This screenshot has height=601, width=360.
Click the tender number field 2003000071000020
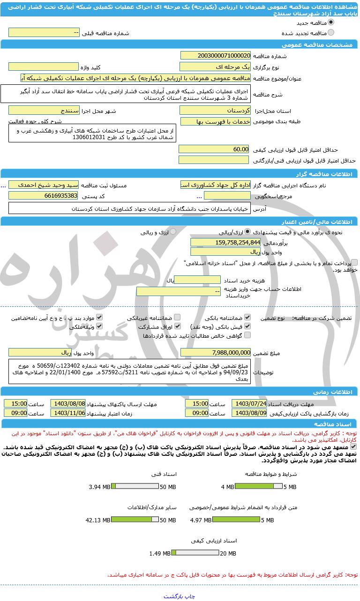(x=215, y=56)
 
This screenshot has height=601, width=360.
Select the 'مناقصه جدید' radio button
(x=331, y=22)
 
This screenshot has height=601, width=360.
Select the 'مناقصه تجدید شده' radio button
(x=331, y=33)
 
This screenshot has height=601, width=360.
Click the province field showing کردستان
(x=215, y=111)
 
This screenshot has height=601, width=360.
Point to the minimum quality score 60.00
(x=215, y=149)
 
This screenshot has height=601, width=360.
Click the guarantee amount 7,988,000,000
(x=215, y=352)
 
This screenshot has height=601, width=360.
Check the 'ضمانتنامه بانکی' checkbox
(x=247, y=317)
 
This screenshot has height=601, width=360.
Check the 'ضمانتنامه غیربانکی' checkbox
(x=177, y=317)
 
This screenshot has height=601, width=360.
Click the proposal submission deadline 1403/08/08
(x=68, y=403)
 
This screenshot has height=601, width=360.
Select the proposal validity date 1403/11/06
(x=68, y=413)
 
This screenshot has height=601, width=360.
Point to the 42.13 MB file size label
(x=97, y=520)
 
